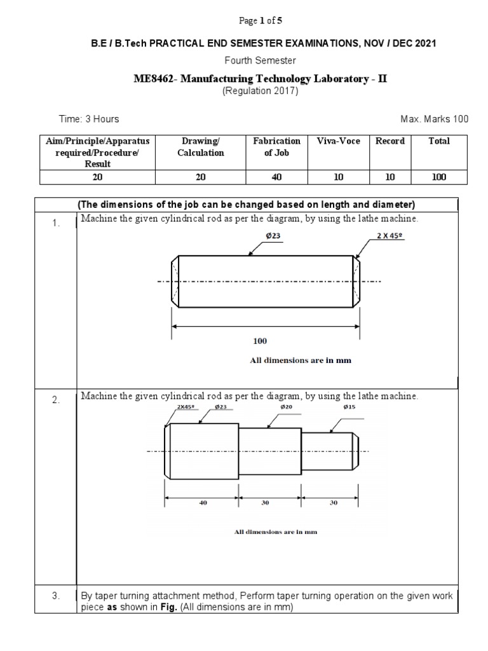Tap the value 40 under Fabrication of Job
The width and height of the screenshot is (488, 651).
coord(276,177)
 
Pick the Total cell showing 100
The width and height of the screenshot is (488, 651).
coord(439,177)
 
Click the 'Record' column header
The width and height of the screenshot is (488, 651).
coord(390,141)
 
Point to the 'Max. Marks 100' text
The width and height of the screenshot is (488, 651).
coord(434,119)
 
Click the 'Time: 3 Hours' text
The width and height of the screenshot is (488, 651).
coord(88,119)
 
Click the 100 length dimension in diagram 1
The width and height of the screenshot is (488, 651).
coord(260,341)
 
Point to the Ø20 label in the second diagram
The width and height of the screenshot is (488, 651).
coord(286,406)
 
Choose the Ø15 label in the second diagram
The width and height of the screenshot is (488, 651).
coord(349,406)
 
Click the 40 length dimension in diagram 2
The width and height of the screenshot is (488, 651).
coord(203,502)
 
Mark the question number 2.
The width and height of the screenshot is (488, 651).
coord(56,400)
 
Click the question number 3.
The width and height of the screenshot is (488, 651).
coord(56,596)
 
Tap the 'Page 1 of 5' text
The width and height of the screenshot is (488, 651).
coord(261,21)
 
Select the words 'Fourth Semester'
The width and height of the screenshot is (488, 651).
coord(260,60)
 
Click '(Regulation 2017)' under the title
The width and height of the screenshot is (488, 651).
coord(260,90)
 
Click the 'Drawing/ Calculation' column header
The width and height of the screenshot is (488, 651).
coord(200,147)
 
